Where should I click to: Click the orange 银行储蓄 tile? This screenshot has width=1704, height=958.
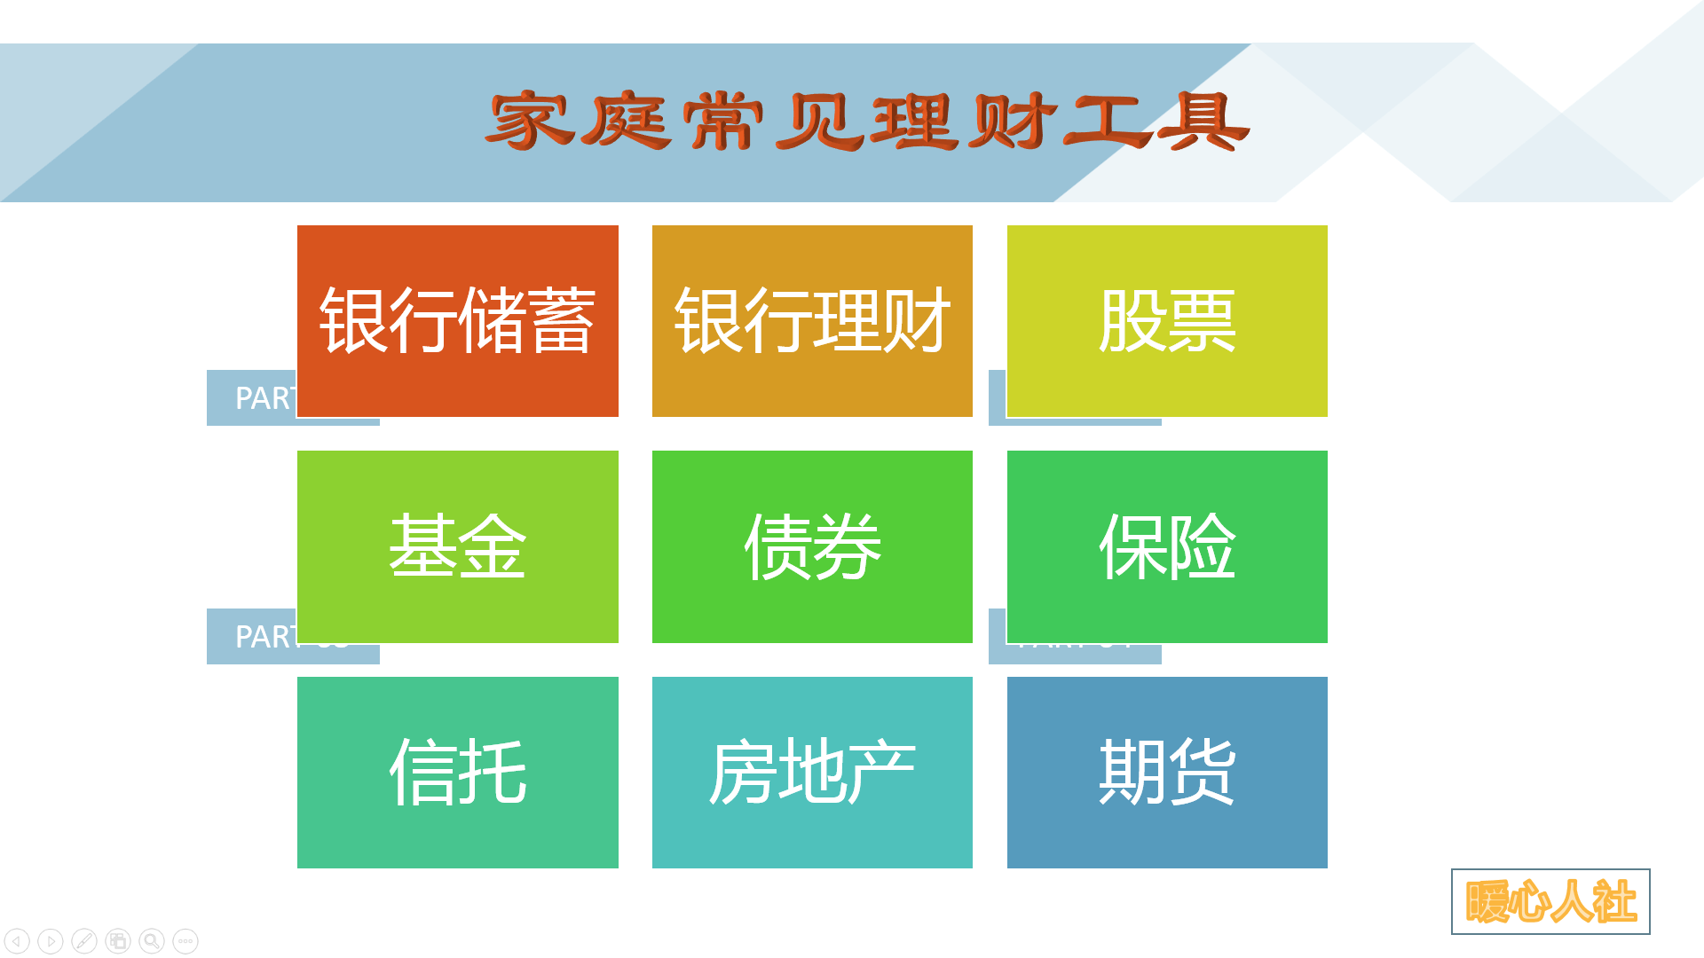(x=457, y=320)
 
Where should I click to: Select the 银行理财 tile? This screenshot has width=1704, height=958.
(x=812, y=320)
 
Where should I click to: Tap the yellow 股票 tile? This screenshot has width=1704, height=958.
(x=1167, y=320)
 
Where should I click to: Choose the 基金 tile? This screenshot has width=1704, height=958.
(x=457, y=546)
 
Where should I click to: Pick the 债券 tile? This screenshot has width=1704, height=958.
(x=812, y=546)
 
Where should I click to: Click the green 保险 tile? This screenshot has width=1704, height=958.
(x=1167, y=546)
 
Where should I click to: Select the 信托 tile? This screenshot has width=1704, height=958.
(x=457, y=772)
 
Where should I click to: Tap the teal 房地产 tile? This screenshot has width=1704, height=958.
(x=812, y=772)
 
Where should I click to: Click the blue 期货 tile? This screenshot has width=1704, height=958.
(x=1167, y=772)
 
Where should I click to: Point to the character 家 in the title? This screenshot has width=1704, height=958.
(x=530, y=121)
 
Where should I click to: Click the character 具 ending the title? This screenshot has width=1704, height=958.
(x=1203, y=121)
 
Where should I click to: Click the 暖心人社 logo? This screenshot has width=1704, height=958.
(x=1550, y=901)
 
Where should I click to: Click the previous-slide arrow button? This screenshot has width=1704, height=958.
(x=17, y=940)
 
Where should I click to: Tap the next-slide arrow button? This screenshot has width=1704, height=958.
(x=51, y=940)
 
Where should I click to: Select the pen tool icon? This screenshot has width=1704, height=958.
(x=84, y=940)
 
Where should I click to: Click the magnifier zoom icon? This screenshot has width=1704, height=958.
(x=152, y=940)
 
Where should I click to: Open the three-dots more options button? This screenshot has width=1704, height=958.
(x=185, y=940)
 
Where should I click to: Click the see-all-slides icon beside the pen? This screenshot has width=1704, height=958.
(x=118, y=940)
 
